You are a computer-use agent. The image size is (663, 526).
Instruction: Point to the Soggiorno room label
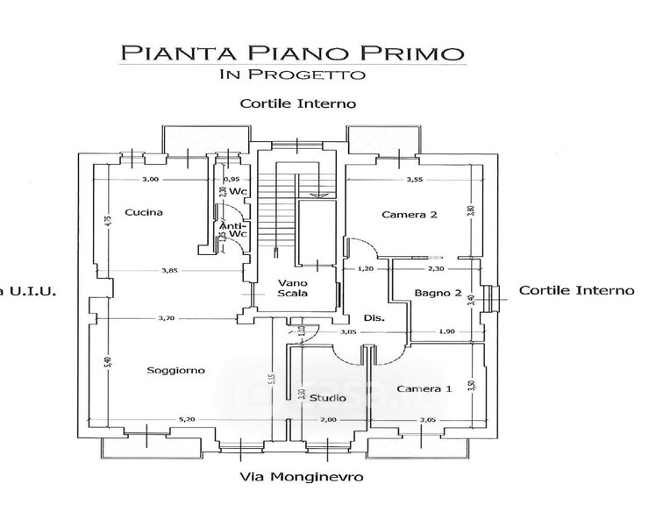point(176,370)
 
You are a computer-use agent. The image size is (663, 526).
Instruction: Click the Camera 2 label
point(409,214)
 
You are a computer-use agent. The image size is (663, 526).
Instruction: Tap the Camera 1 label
point(424,388)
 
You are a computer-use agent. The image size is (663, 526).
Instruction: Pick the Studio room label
point(327,399)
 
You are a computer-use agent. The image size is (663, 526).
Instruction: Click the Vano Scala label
point(293,288)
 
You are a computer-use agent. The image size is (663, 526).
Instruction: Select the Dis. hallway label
point(374,317)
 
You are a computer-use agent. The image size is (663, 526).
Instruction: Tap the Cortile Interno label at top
point(297,103)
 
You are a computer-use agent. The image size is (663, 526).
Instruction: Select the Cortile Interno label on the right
point(576,290)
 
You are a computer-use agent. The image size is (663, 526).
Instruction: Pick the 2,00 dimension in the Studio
point(327,421)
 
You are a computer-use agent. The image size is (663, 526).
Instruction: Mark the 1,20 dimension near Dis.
point(366,269)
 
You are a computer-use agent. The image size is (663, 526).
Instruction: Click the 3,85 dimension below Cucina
point(169,270)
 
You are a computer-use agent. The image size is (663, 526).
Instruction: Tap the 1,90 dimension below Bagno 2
point(447,332)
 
